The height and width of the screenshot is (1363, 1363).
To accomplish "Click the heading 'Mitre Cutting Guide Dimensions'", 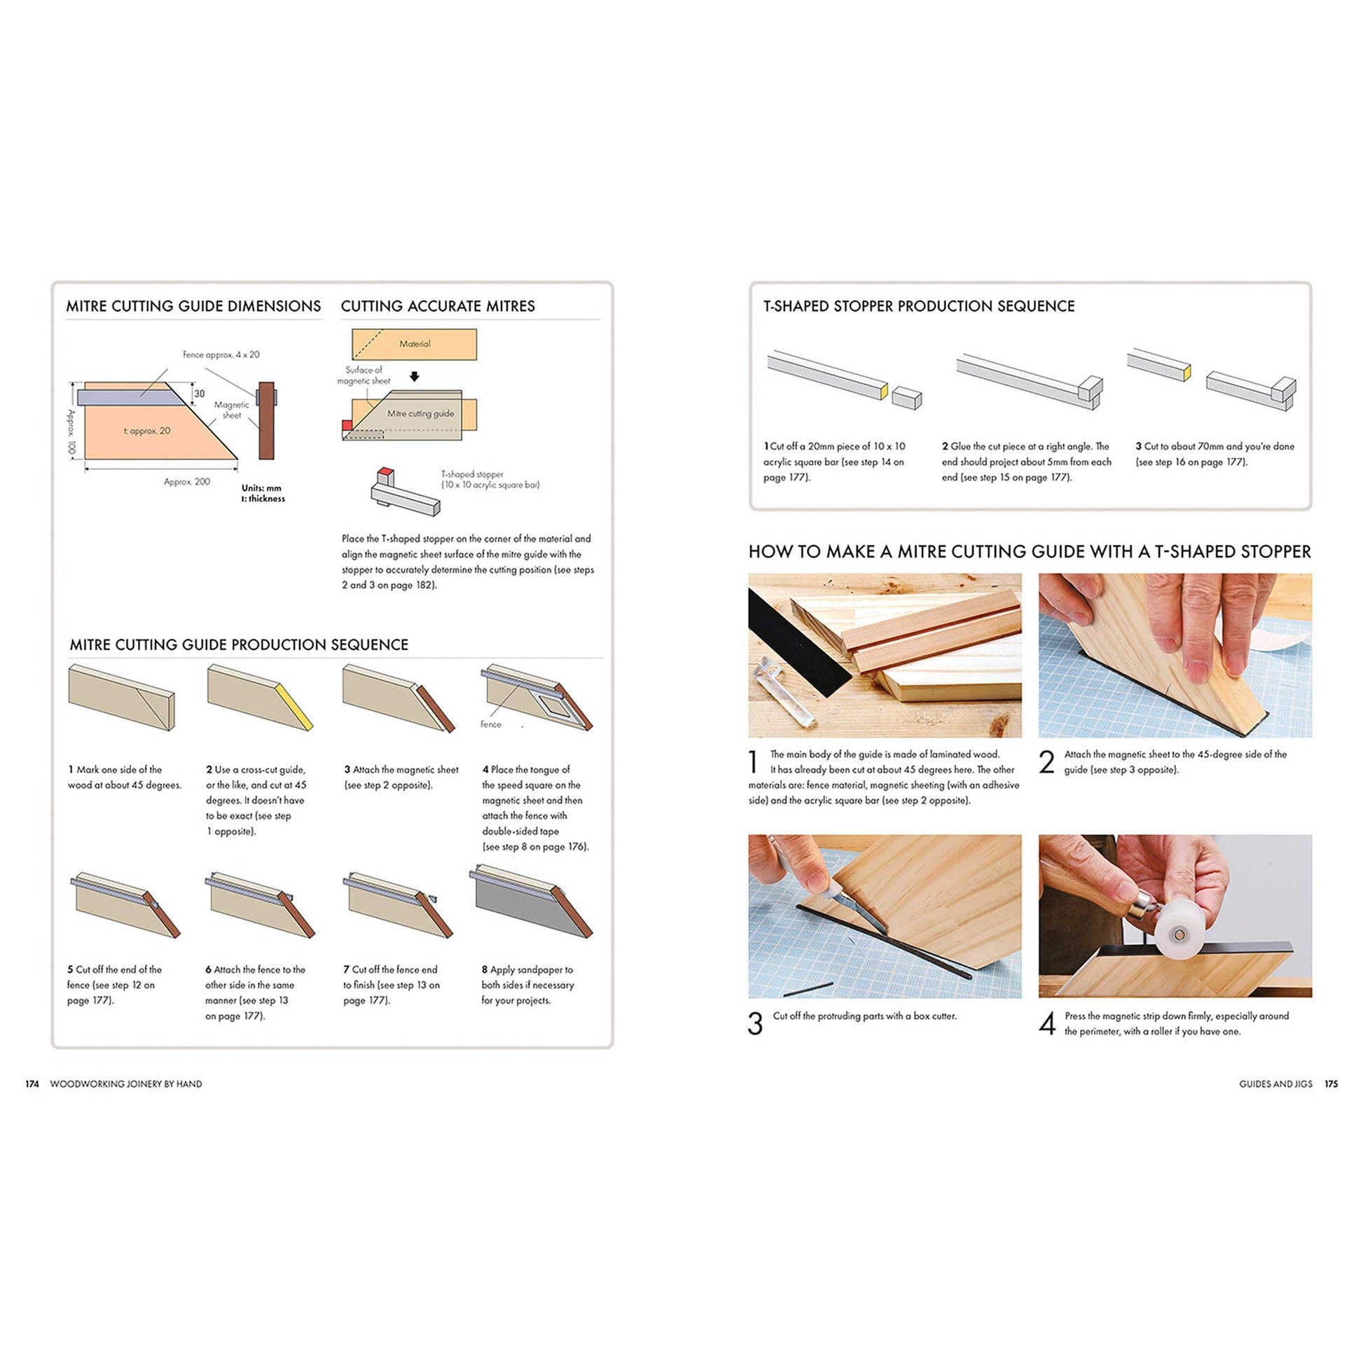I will (x=193, y=306).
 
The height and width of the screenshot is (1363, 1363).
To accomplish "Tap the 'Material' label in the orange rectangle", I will (x=414, y=344).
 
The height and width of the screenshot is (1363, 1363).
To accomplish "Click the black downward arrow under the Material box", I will (x=414, y=377).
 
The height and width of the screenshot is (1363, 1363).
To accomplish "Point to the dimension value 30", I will (x=200, y=394).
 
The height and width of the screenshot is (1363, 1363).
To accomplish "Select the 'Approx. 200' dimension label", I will (x=187, y=482).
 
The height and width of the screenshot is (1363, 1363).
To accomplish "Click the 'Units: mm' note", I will (x=261, y=487).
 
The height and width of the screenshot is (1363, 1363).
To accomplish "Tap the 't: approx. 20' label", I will (x=147, y=431).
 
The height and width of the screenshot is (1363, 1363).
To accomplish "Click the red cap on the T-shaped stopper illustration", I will (x=385, y=471).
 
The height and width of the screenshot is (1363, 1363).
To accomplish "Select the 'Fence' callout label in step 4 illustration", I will (x=490, y=724).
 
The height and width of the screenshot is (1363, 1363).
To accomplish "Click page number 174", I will (x=32, y=1084).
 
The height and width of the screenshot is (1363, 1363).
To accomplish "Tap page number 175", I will (x=1331, y=1084).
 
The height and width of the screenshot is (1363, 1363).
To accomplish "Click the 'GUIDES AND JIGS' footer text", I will (x=1275, y=1084).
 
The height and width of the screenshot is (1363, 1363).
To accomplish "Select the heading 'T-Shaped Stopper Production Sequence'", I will (x=918, y=306).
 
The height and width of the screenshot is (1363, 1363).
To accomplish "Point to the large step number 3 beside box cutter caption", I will (x=755, y=1024).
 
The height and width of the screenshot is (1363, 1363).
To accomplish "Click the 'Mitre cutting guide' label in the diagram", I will (x=420, y=413).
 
